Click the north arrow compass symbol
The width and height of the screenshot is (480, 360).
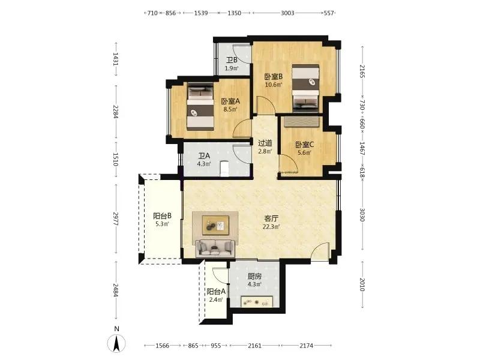click(x=116, y=343)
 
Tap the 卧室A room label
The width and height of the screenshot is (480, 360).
click(x=230, y=101)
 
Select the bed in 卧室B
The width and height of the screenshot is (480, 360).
click(x=305, y=87)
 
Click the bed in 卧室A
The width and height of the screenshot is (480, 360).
click(x=200, y=107)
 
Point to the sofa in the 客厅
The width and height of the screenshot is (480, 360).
click(x=215, y=248)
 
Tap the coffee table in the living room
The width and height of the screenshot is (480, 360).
click(x=215, y=226)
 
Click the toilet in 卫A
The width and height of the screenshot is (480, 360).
click(x=224, y=169)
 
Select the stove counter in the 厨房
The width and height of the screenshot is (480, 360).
click(x=257, y=301)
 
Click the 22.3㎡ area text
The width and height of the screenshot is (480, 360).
click(x=271, y=227)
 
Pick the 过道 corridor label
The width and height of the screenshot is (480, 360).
click(x=265, y=143)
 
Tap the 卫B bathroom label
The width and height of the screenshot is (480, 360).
click(x=232, y=61)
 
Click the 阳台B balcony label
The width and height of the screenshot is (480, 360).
click(x=162, y=216)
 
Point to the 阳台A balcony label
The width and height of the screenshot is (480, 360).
click(x=216, y=292)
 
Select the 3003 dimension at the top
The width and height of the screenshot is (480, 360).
click(x=287, y=13)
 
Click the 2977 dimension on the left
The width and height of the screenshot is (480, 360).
click(x=116, y=218)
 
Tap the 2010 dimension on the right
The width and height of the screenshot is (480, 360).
click(x=362, y=284)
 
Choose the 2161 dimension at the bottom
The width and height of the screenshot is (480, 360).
click(x=254, y=346)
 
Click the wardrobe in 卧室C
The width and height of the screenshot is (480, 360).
click(x=302, y=121)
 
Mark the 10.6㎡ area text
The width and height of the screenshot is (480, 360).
click(x=274, y=85)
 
